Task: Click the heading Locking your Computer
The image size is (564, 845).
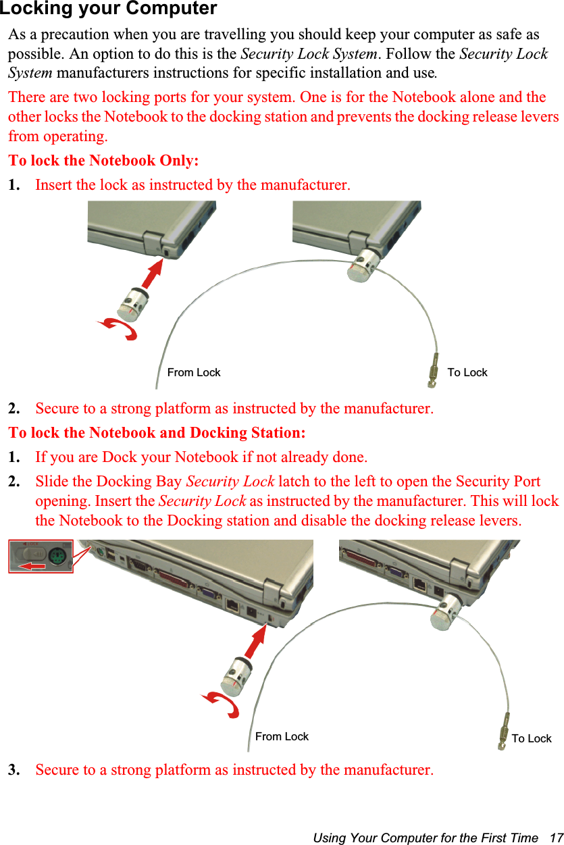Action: point(109,9)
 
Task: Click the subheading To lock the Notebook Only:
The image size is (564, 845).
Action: point(103,161)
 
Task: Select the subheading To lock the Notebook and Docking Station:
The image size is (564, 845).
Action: point(157,432)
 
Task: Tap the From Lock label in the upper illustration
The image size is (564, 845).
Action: point(194,372)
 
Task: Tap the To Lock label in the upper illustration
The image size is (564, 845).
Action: point(467,372)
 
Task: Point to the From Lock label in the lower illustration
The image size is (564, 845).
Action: point(282,736)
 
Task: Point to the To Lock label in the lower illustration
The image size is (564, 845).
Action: point(531,738)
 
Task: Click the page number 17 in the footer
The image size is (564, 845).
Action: point(556,838)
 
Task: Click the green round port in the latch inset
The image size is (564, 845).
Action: point(57,555)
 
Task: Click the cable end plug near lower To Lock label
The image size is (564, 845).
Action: point(503,736)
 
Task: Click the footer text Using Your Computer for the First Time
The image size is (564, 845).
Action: point(426,838)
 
